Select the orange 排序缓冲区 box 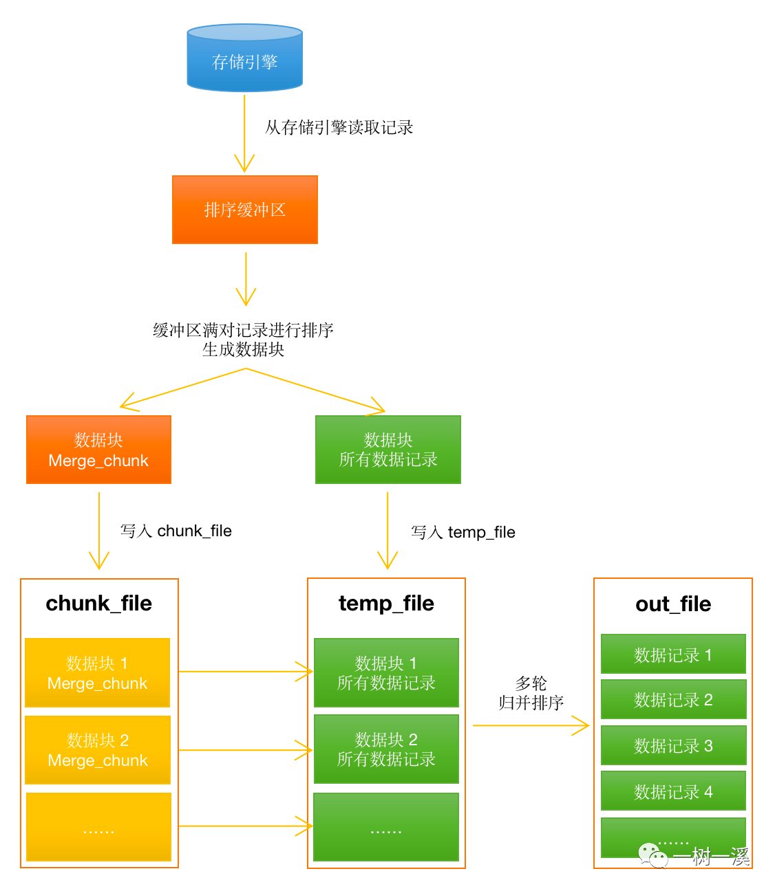[x=244, y=210]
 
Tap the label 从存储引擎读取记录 [x=339, y=127]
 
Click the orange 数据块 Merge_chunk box [x=98, y=450]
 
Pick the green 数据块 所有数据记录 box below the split [x=387, y=450]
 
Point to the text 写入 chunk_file [x=176, y=531]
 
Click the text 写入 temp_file [x=463, y=532]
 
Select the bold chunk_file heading [x=99, y=603]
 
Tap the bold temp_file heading [x=386, y=603]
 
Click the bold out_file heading [x=673, y=604]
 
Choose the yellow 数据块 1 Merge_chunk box [x=97, y=672]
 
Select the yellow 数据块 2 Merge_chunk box [x=97, y=749]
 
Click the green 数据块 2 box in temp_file [x=386, y=749]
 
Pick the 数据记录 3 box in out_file [x=673, y=746]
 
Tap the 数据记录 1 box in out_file [x=673, y=654]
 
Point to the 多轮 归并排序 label [x=531, y=693]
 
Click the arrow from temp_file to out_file [x=530, y=725]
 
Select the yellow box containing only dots [x=98, y=827]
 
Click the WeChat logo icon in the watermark [x=652, y=856]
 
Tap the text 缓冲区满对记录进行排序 [x=243, y=330]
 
